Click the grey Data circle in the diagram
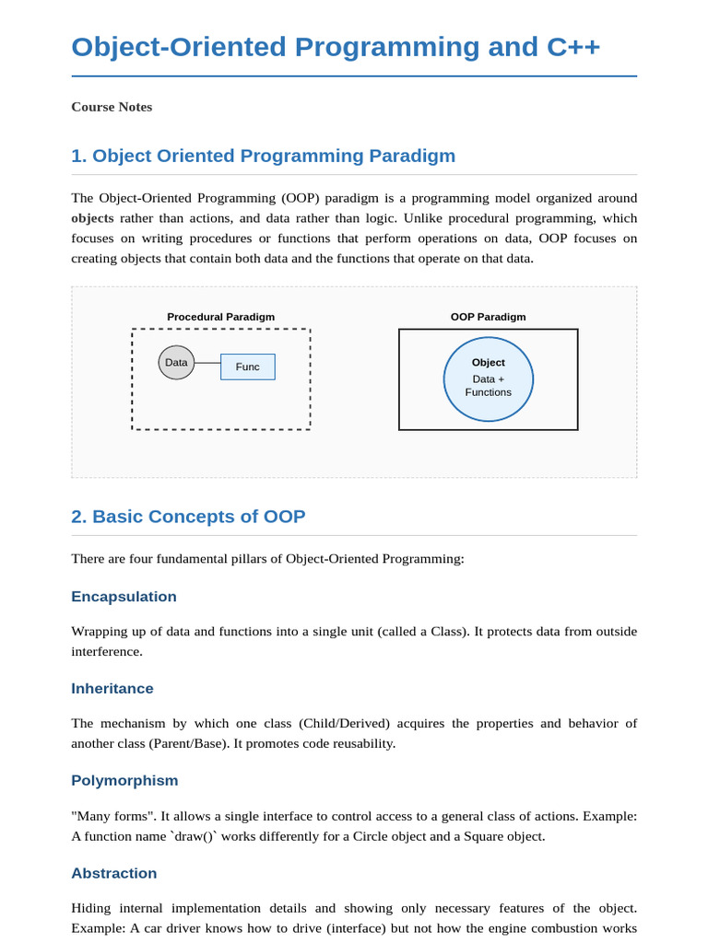click(x=176, y=363)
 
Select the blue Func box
click(x=248, y=367)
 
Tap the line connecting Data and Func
click(x=207, y=363)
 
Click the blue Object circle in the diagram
click(x=488, y=379)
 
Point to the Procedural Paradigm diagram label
click(x=220, y=317)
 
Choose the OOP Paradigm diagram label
click(x=488, y=317)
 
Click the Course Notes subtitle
click(x=112, y=107)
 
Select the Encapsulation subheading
click(x=124, y=597)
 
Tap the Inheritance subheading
click(x=112, y=689)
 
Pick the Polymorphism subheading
click(x=124, y=781)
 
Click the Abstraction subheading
click(x=114, y=873)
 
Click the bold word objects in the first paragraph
click(x=92, y=218)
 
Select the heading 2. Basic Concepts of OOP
click(x=188, y=517)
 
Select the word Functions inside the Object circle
click(x=488, y=392)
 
